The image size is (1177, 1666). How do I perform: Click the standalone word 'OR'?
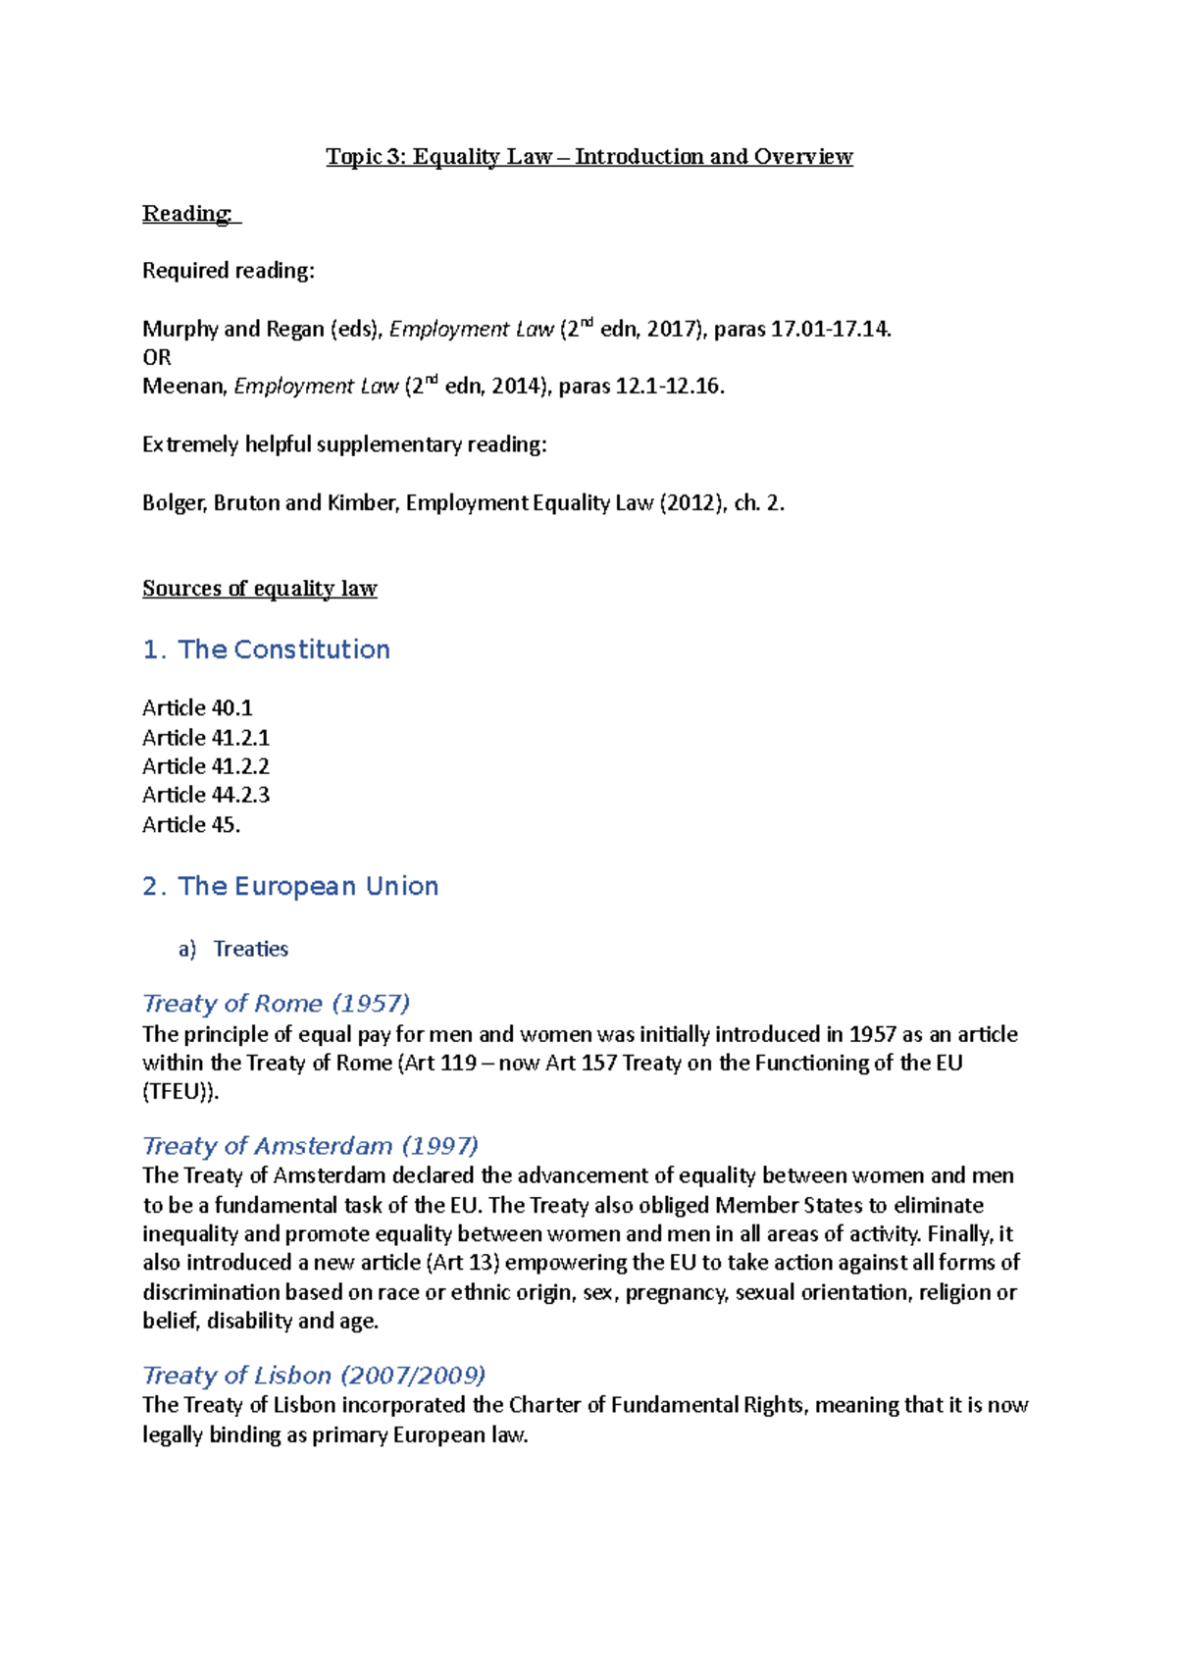[x=157, y=358]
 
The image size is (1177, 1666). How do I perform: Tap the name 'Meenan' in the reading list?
[x=183, y=387]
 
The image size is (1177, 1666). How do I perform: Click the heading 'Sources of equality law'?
[x=260, y=589]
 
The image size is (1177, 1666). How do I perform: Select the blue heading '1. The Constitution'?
[x=266, y=650]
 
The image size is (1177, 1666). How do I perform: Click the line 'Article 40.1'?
[x=197, y=708]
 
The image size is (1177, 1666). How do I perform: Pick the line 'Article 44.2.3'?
[x=206, y=795]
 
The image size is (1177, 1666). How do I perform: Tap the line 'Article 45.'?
[x=191, y=825]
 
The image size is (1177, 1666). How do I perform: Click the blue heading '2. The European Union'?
[x=290, y=887]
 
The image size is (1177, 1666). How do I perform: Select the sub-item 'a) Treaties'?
[x=233, y=950]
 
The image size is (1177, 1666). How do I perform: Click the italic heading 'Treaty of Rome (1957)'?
[x=277, y=1004]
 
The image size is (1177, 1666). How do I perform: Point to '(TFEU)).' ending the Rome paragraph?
[x=180, y=1093]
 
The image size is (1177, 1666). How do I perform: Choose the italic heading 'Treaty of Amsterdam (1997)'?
[x=310, y=1146]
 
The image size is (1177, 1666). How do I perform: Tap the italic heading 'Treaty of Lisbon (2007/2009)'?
[x=314, y=1376]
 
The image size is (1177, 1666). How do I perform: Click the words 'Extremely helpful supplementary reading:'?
[x=344, y=445]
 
